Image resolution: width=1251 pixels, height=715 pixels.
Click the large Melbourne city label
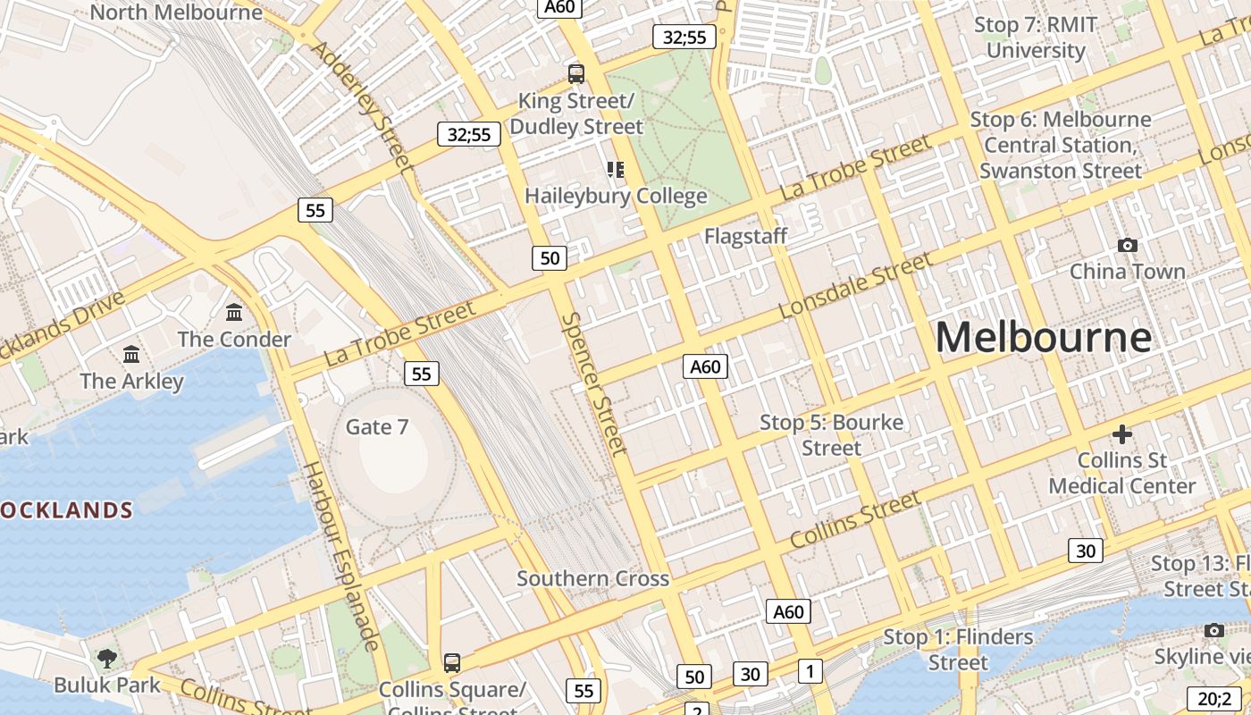point(1043,338)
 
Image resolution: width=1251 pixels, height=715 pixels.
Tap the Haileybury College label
point(616,196)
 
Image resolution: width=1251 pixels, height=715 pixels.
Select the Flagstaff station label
point(745,236)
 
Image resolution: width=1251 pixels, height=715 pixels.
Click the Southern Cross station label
point(592,578)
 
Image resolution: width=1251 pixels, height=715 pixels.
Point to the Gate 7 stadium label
point(377,427)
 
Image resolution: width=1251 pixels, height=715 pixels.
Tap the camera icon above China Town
point(1128,245)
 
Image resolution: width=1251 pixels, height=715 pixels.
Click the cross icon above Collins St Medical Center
point(1122,434)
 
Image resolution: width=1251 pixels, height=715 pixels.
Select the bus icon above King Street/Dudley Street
point(576,73)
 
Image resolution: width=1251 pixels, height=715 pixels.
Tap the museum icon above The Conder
point(234,312)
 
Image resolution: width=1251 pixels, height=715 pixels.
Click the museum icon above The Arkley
point(131,354)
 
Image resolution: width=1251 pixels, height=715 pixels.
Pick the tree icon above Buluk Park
point(107,659)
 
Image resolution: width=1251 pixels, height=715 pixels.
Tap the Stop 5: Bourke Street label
point(831,434)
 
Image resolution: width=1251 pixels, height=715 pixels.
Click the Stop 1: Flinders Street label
point(958,650)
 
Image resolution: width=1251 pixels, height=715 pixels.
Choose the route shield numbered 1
point(810,670)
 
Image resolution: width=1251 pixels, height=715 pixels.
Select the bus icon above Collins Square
point(452,663)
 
